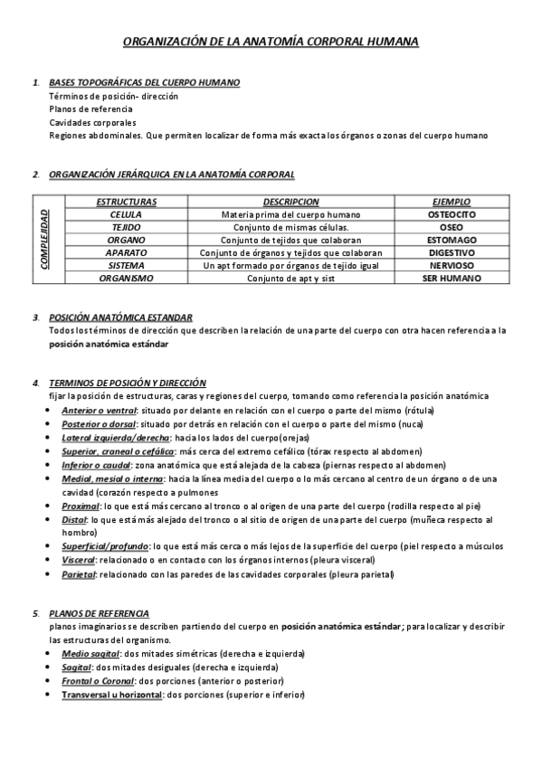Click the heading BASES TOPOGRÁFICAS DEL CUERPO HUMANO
click(144, 83)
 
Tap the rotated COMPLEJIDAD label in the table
click(45, 240)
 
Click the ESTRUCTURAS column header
click(126, 202)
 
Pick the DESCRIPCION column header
click(290, 202)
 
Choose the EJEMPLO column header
click(451, 202)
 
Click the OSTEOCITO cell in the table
click(451, 214)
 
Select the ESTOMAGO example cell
click(451, 240)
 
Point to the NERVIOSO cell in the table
click(451, 266)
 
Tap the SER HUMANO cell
click(451, 279)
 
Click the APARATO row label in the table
click(126, 253)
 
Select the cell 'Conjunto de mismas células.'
click(290, 227)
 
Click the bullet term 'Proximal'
click(80, 506)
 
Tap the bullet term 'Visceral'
click(80, 560)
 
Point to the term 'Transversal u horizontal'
click(110, 695)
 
